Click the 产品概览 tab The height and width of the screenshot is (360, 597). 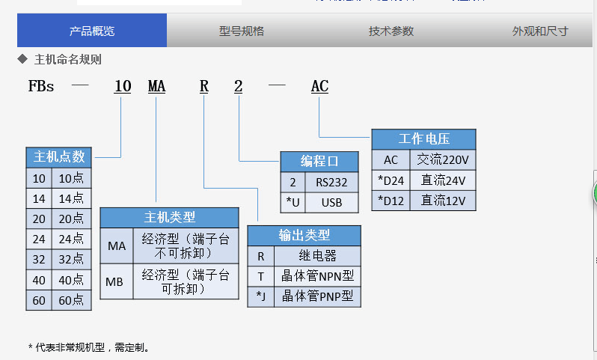point(92,31)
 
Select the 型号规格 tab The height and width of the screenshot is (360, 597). point(241,31)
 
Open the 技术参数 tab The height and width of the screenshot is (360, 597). point(391,31)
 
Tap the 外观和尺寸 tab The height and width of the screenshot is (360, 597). point(539,31)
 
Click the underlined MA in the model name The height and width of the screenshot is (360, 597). point(156,87)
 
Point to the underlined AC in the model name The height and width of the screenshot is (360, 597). point(319,87)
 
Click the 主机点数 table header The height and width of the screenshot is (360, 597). point(59,157)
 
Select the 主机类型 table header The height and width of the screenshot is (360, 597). point(169,217)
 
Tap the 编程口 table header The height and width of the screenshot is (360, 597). point(319,161)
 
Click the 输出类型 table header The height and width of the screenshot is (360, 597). point(304,235)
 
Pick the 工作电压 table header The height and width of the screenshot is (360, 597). point(423,139)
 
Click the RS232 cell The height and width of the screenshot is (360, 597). point(331,182)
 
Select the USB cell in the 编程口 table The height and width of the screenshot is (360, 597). point(331,201)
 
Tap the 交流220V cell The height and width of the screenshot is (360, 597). point(443,159)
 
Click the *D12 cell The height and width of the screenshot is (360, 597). point(391,200)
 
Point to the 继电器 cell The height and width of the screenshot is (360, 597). point(317,256)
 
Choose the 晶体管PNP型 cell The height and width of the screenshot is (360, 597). point(317,296)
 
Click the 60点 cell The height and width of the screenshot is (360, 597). point(71,301)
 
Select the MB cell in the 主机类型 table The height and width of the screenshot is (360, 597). point(116,282)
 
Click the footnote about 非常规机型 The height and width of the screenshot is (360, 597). point(89,347)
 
